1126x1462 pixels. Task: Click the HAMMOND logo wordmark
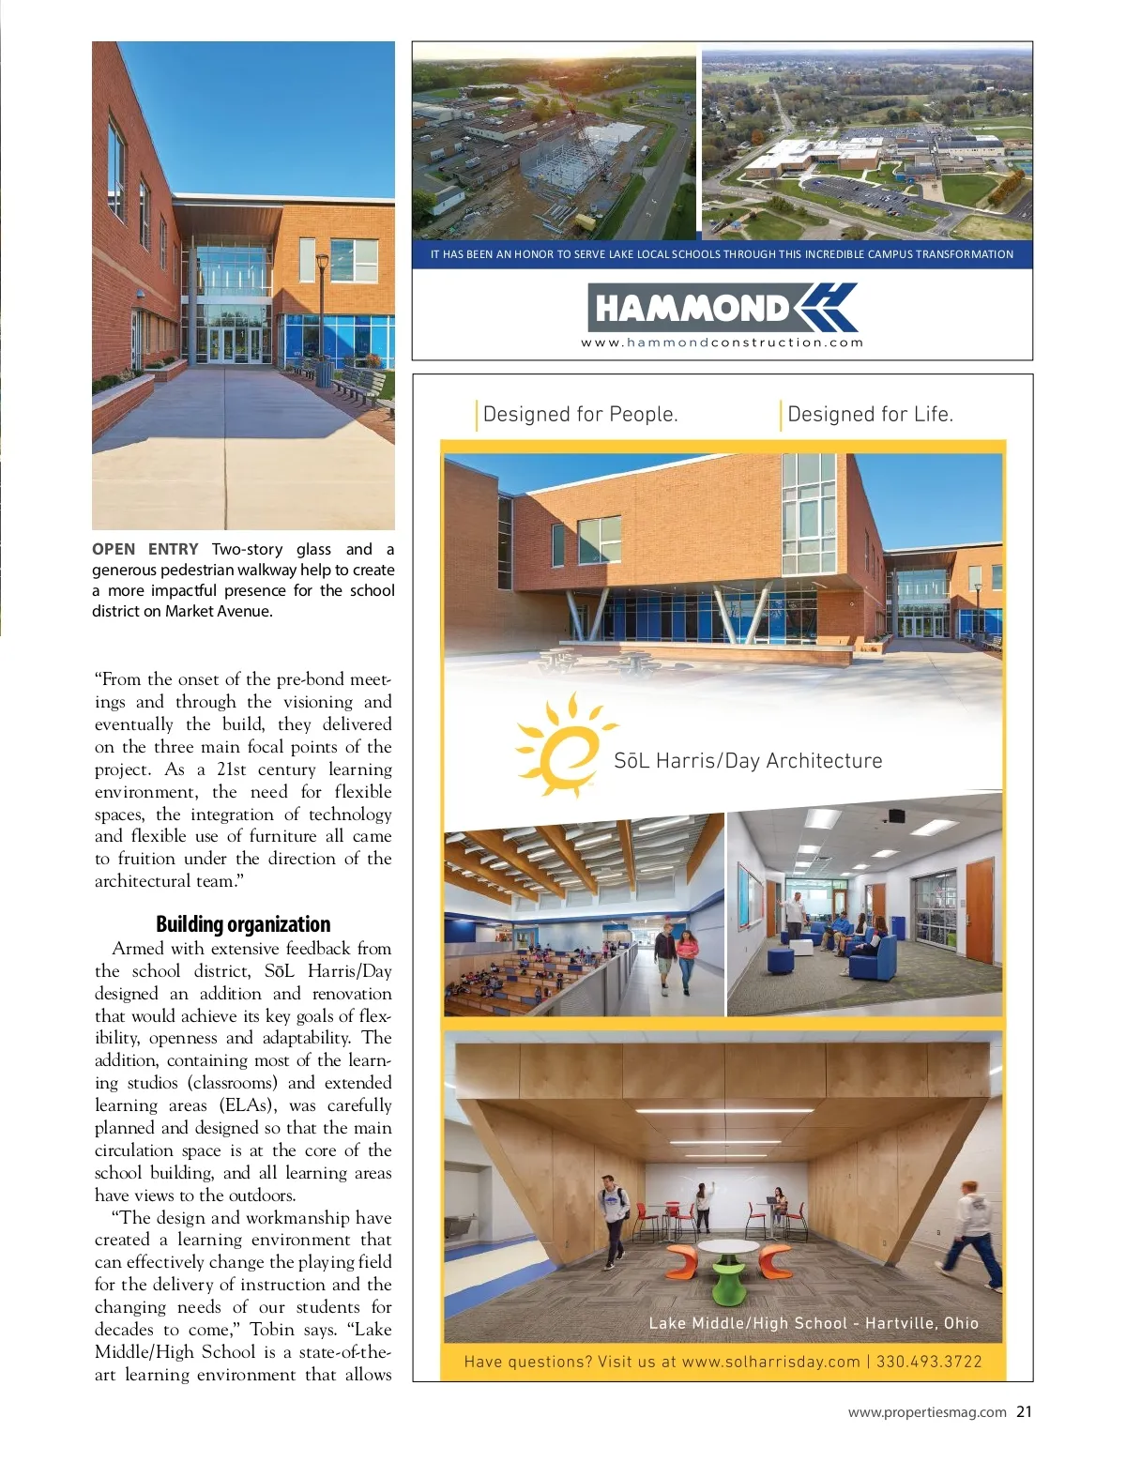tap(692, 308)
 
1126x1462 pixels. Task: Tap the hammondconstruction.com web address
tap(722, 343)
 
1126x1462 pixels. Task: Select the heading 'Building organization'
tap(243, 924)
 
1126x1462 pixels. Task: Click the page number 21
tap(1024, 1411)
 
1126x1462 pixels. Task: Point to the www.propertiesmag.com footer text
tap(927, 1412)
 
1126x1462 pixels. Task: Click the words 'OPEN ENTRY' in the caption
tap(145, 550)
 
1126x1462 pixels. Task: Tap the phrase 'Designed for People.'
tap(580, 415)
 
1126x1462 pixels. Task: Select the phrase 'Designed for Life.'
tap(870, 415)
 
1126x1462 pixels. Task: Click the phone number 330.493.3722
tap(929, 1362)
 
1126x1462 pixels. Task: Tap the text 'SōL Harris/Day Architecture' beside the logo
tap(748, 761)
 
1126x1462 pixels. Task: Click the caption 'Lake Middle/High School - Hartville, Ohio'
tap(814, 1323)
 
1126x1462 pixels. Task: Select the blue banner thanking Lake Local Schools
tap(722, 254)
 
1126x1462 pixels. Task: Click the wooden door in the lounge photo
tap(979, 911)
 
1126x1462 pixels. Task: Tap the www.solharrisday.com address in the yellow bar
tap(770, 1362)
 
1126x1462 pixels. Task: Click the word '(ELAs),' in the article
tap(249, 1105)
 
